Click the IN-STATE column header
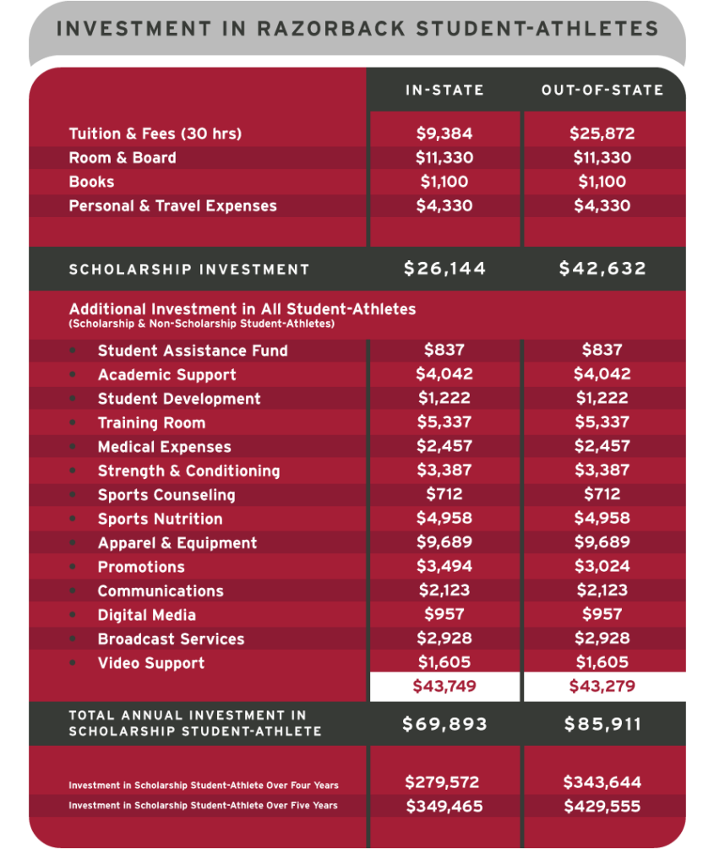pos(444,90)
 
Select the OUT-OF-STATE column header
pos(602,90)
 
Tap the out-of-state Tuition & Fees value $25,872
pos(602,133)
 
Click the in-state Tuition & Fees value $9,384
pos(444,133)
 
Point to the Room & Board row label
pos(123,158)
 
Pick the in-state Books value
pos(444,182)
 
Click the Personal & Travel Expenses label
pos(172,205)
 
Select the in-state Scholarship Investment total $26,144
pos(444,269)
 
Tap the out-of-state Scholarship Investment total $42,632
pos(602,269)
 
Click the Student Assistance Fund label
pos(193,351)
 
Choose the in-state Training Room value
pos(444,422)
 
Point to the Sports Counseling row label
pos(166,495)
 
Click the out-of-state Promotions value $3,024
pos(602,566)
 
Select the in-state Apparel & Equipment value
pos(444,542)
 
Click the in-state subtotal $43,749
pos(444,686)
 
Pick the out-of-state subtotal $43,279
pos(602,686)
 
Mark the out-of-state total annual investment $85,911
pos(602,724)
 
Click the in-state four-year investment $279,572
pos(444,783)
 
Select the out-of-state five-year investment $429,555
pos(602,807)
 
